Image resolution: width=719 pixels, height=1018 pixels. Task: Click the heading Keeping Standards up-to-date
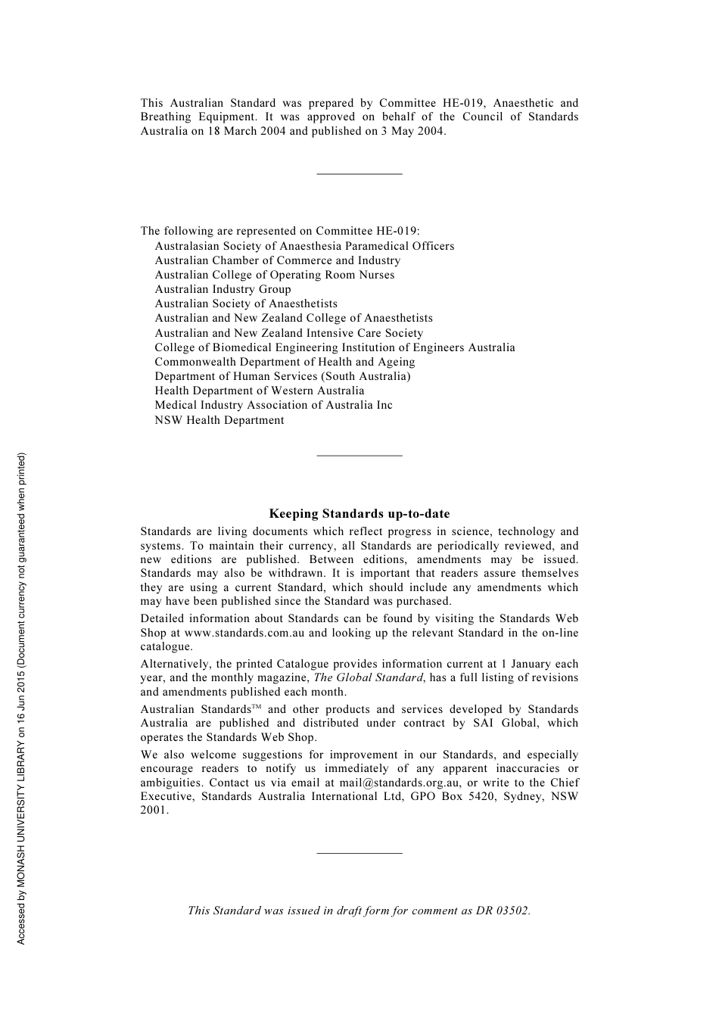[x=359, y=514]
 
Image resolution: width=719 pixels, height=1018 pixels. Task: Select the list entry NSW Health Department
[x=219, y=420]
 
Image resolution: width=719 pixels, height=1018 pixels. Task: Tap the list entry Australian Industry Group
[x=223, y=289]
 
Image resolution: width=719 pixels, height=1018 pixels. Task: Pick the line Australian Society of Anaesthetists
[x=246, y=304]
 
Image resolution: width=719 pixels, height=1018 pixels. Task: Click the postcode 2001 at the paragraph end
[x=153, y=810]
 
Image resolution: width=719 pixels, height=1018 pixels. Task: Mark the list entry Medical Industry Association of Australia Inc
[x=273, y=405]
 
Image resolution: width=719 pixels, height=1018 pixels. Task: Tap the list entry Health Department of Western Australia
[x=260, y=391]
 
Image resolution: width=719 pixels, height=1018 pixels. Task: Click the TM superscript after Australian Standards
[x=256, y=707]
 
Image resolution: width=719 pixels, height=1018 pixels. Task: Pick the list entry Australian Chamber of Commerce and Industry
[x=278, y=260]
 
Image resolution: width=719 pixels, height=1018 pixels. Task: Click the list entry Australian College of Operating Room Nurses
[x=275, y=275]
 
